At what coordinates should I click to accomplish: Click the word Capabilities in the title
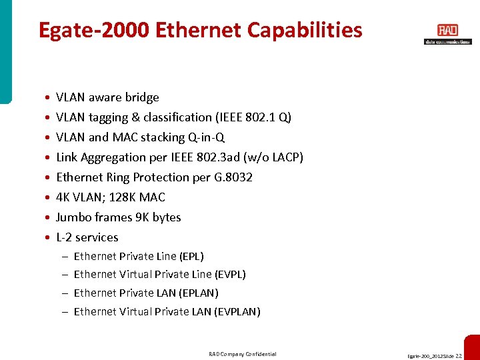pyautogui.click(x=305, y=30)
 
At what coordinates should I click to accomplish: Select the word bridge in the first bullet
pyautogui.click(x=141, y=97)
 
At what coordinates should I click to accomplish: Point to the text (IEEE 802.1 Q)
pyautogui.click(x=253, y=117)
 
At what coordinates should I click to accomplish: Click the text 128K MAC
pyautogui.click(x=141, y=197)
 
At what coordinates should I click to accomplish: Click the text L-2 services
pyautogui.click(x=87, y=237)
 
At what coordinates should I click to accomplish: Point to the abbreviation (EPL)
pyautogui.click(x=191, y=257)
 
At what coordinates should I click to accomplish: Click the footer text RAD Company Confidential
pyautogui.click(x=242, y=354)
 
